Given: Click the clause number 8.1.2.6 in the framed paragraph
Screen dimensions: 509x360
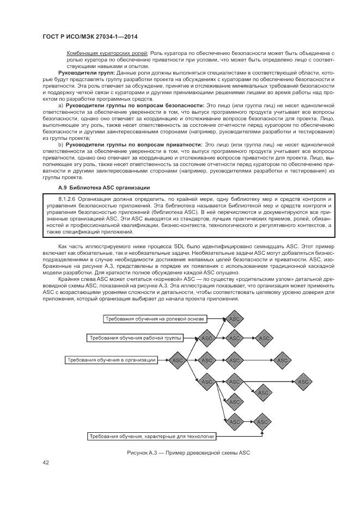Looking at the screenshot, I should tap(69, 199).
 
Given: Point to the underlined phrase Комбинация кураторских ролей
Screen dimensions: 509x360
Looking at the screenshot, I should tap(107, 53).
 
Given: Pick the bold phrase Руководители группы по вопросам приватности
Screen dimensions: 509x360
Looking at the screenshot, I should tap(133, 144).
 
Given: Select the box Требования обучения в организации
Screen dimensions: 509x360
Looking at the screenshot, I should tap(112, 359).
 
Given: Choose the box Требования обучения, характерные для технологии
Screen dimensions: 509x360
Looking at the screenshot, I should tap(152, 437).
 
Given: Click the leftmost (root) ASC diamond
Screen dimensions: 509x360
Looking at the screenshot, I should tap(178, 360).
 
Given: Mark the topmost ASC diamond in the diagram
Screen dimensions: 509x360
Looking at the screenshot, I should tap(235, 318).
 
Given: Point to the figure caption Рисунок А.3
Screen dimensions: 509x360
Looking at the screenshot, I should tap(187, 453).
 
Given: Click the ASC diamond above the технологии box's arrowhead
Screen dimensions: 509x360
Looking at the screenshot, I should tap(263, 422).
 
